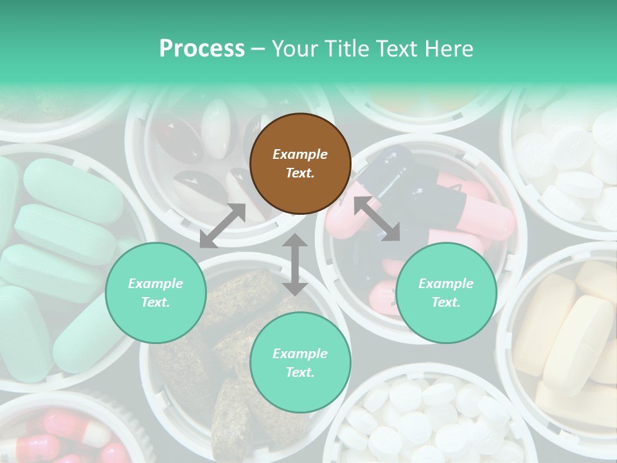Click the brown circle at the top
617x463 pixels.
300,164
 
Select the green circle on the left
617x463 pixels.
156,293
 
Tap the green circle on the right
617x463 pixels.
446,293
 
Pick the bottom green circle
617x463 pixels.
300,363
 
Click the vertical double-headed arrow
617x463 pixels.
295,265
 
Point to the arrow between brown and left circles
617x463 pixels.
222,226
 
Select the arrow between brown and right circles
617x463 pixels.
377,219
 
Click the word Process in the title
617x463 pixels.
202,49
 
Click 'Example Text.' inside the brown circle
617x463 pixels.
300,164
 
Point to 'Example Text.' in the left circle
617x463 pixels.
156,293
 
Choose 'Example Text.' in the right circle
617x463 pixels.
446,293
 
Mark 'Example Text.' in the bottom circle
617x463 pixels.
300,363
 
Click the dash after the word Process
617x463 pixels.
258,50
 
